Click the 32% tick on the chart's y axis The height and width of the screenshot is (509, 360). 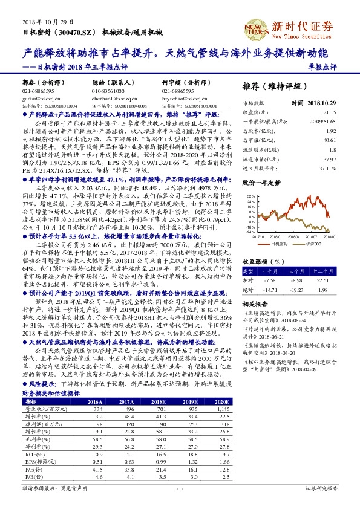(x=249, y=196)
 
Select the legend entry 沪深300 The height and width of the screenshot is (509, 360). (x=313, y=243)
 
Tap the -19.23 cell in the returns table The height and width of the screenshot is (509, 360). (x=313, y=273)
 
